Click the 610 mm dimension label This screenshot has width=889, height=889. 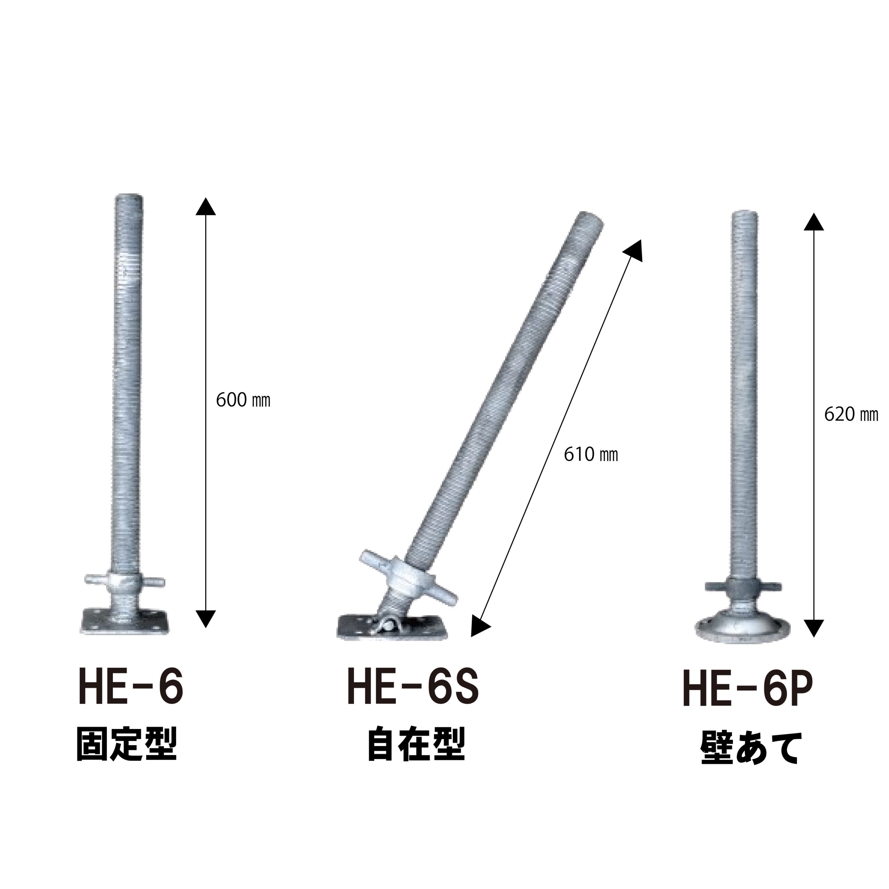(591, 455)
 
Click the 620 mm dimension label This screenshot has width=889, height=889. (851, 415)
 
